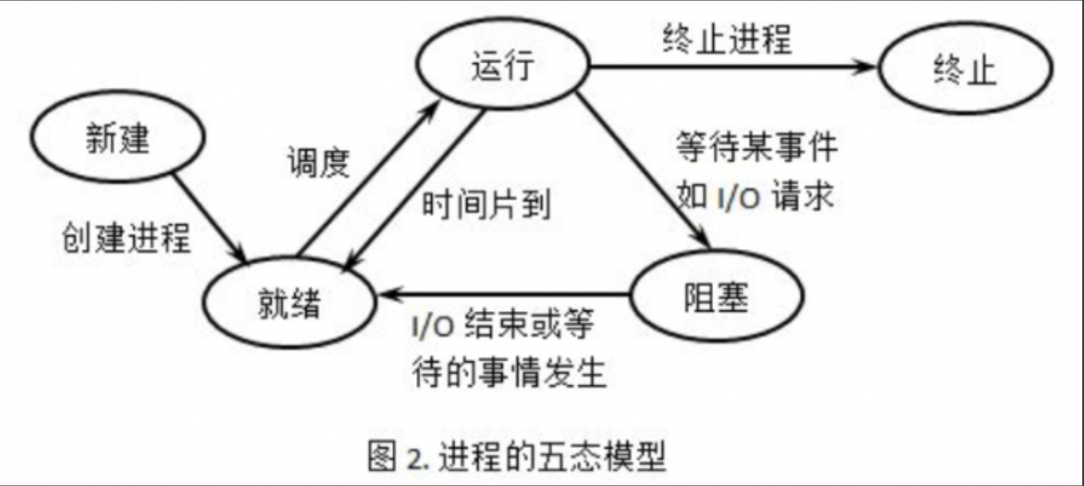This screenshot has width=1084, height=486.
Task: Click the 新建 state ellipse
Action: [x=118, y=137]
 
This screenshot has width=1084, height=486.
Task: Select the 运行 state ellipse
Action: [x=503, y=64]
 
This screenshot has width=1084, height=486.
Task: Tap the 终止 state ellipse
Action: [x=965, y=69]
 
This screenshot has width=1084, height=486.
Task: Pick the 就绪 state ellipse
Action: [x=289, y=302]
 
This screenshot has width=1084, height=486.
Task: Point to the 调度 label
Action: [x=319, y=162]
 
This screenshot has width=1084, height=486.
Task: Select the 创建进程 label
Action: [x=126, y=238]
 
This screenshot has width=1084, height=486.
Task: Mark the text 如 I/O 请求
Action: [x=755, y=195]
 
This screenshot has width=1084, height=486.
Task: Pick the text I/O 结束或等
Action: [x=503, y=324]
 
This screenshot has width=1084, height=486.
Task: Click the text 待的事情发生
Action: [x=508, y=372]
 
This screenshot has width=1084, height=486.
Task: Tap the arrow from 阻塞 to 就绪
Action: [x=506, y=293]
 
